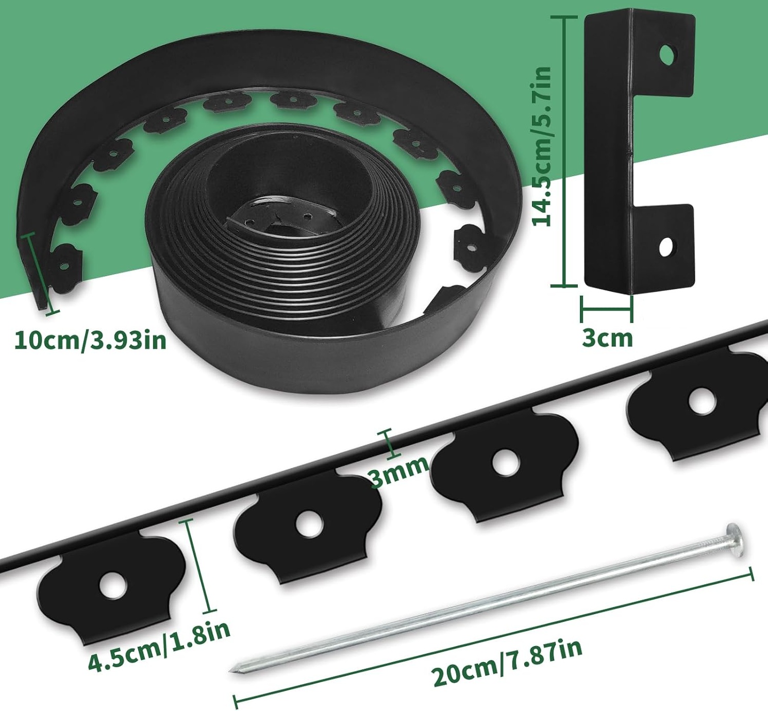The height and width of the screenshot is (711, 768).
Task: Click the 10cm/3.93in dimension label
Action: pyautogui.click(x=91, y=341)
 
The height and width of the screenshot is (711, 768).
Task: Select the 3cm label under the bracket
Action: pyautogui.click(x=608, y=338)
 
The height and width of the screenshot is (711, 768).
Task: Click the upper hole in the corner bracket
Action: pyautogui.click(x=668, y=55)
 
